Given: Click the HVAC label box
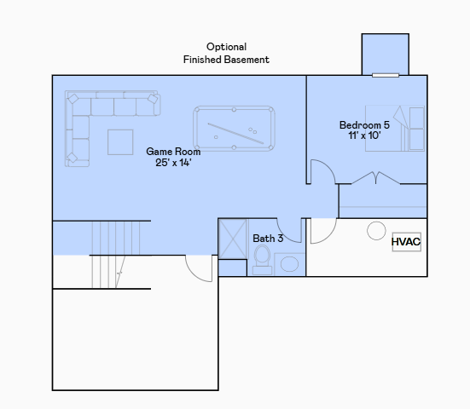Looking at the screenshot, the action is tap(407, 242).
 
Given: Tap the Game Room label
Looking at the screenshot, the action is tap(173, 157).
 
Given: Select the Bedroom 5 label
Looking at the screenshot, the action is tap(364, 130).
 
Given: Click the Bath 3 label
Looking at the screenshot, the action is tap(268, 239).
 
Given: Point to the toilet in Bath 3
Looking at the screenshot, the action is tap(262, 259).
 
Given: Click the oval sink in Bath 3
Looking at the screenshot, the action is tap(289, 264).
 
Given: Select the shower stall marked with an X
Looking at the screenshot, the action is tap(233, 239).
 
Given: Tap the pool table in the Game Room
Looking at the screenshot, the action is tap(234, 129).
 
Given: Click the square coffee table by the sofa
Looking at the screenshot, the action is tap(120, 142).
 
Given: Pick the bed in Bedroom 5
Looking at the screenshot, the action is tap(394, 128).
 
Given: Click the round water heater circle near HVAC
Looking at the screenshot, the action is tap(376, 231).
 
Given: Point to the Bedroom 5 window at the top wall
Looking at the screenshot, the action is tap(386, 75).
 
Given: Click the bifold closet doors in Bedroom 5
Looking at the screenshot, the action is tap(375, 177).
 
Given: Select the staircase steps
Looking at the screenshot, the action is tap(116, 255).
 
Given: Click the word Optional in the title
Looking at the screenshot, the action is tap(226, 47).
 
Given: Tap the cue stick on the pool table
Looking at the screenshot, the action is tap(235, 133).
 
